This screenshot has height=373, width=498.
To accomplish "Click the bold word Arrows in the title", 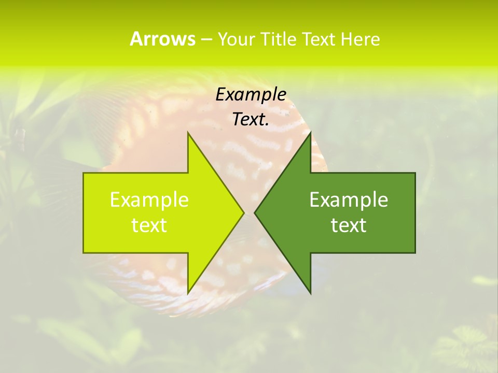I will click(162, 39).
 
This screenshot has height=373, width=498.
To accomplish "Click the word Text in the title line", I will click(320, 39).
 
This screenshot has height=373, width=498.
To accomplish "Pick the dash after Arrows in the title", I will click(206, 39).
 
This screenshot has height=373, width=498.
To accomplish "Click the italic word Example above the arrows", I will click(251, 95).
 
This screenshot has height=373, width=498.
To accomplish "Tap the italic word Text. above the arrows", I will click(251, 119).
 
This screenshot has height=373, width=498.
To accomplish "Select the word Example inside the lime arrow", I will click(149, 199).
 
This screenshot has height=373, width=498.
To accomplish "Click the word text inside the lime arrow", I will click(149, 225).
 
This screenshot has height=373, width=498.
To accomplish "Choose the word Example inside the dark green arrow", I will click(349, 199).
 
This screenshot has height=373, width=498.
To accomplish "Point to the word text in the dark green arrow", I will click(349, 225).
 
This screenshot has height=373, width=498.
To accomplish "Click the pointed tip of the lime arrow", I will click(243, 212).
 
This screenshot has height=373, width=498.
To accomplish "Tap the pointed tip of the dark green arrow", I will click(255, 212).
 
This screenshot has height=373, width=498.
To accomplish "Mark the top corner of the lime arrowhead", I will click(188, 133).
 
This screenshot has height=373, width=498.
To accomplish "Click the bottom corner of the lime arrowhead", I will click(188, 293).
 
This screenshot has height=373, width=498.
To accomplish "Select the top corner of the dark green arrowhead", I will click(310, 133).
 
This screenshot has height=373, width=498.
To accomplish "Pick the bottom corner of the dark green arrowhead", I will click(310, 293).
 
